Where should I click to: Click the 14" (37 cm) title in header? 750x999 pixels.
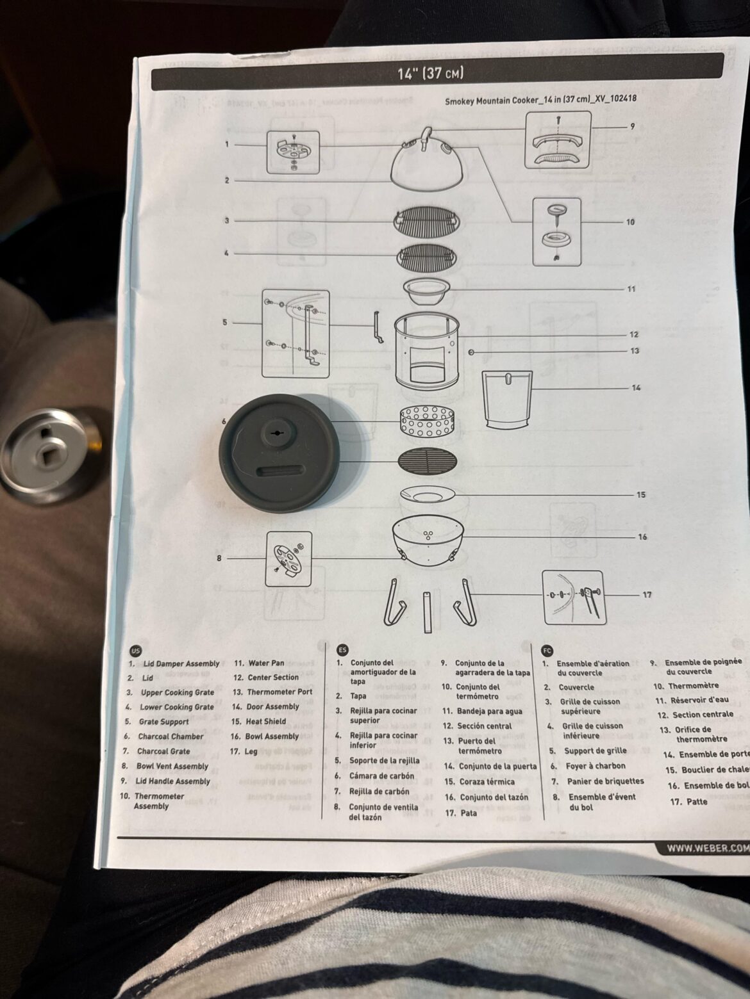pyautogui.click(x=430, y=73)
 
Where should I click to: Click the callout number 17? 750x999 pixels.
pyautogui.click(x=647, y=594)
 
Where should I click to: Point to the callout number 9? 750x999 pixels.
pyautogui.click(x=632, y=127)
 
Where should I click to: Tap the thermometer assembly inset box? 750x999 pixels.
pyautogui.click(x=557, y=231)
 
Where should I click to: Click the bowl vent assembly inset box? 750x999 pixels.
pyautogui.click(x=288, y=558)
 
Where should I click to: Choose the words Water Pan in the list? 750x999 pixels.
pyautogui.click(x=266, y=663)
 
